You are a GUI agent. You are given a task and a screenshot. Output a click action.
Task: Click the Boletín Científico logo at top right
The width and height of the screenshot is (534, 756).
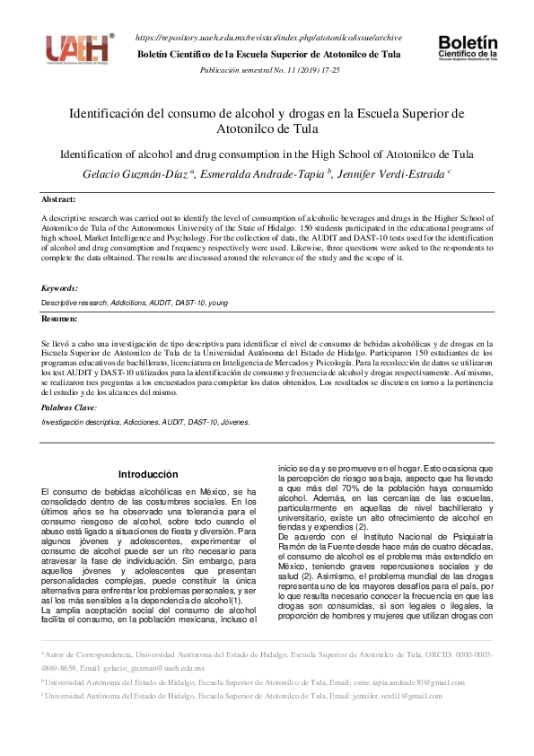click(x=468, y=50)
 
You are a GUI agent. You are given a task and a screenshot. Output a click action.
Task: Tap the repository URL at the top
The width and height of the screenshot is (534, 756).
click(x=267, y=39)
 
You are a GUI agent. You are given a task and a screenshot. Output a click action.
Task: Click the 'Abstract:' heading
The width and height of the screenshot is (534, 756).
click(x=59, y=199)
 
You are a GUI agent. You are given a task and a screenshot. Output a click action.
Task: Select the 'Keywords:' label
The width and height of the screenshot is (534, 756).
click(x=60, y=288)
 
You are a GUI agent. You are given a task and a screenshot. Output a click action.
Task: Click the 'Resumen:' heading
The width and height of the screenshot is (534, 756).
click(x=60, y=320)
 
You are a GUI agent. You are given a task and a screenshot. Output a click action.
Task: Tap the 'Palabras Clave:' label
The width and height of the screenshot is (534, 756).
click(x=68, y=408)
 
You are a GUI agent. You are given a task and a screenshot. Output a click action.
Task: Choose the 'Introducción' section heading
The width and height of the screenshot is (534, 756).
click(x=149, y=474)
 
